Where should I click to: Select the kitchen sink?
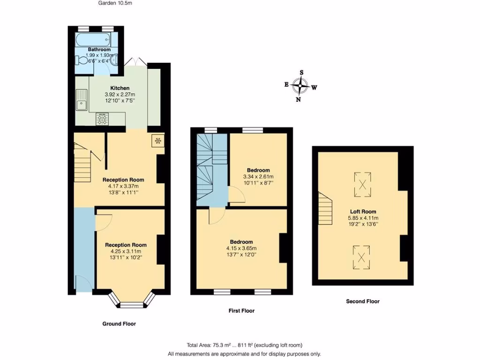click(82, 99)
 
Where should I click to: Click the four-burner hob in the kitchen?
click(102, 119)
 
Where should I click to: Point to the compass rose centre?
click(299, 86)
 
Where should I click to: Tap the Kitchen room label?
click(120, 88)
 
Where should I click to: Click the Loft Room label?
click(363, 211)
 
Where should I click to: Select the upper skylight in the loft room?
click(362, 183)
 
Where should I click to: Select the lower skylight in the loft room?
click(361, 256)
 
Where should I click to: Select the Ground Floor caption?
click(119, 324)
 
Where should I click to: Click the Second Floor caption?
click(362, 301)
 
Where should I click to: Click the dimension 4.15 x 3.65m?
click(241, 248)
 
